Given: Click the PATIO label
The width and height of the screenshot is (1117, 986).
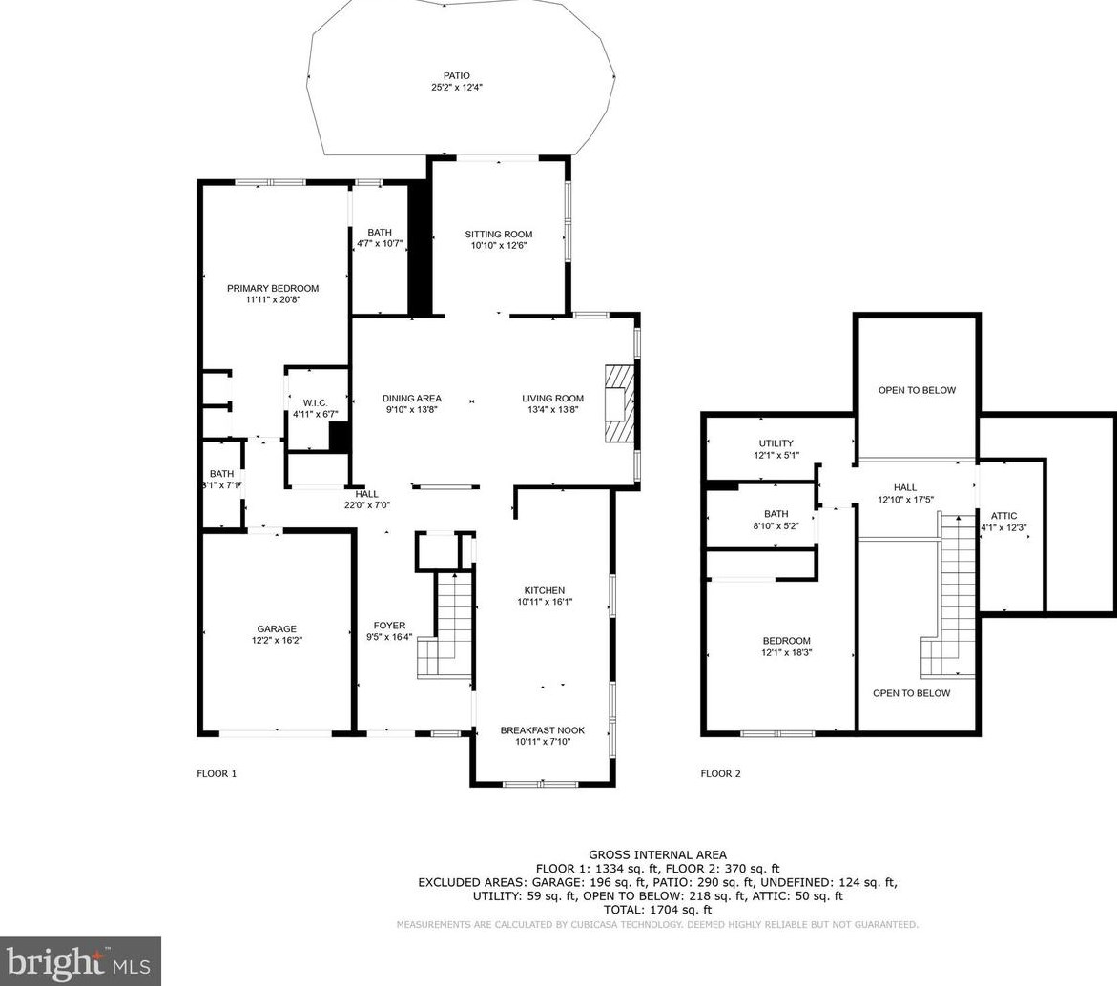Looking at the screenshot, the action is pyautogui.click(x=457, y=75).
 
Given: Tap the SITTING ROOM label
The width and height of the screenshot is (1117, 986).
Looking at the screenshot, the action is pyautogui.click(x=499, y=235).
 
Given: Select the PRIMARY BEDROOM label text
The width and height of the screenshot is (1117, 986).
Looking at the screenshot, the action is pyautogui.click(x=273, y=288).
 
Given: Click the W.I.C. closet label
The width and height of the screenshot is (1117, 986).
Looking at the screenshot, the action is pyautogui.click(x=315, y=403).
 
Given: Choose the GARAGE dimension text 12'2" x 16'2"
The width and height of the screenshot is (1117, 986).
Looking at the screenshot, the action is pyautogui.click(x=277, y=641).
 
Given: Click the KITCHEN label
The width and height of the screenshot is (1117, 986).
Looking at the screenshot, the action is pyautogui.click(x=545, y=590).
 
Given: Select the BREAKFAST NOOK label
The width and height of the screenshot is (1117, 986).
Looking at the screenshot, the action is pyautogui.click(x=542, y=730).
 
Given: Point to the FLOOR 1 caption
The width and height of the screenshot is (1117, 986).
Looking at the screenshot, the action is pyautogui.click(x=217, y=774).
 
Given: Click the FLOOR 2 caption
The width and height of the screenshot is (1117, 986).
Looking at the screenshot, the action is pyautogui.click(x=721, y=774).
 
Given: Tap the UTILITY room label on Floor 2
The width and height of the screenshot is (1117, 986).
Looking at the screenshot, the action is pyautogui.click(x=776, y=443).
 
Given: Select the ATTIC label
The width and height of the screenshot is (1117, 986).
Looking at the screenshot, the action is pyautogui.click(x=1003, y=516).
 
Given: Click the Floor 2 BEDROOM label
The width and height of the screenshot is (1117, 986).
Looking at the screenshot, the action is pyautogui.click(x=786, y=641).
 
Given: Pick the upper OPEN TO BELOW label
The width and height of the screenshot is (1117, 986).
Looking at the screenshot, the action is pyautogui.click(x=917, y=390).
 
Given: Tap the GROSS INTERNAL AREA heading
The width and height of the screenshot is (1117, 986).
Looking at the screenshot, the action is pyautogui.click(x=657, y=855).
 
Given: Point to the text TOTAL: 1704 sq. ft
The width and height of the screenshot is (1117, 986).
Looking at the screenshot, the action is pyautogui.click(x=657, y=910).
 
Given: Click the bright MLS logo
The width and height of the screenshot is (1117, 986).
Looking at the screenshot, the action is pyautogui.click(x=79, y=962).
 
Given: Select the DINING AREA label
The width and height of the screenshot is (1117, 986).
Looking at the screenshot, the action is pyautogui.click(x=412, y=399).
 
